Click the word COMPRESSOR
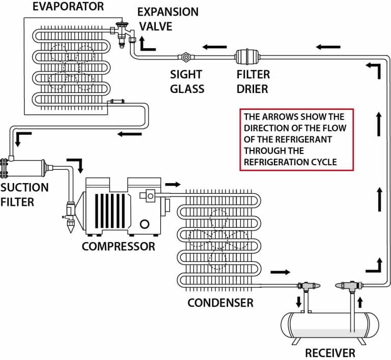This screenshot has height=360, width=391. tap(118, 247)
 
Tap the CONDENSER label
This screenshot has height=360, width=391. tap(220, 303)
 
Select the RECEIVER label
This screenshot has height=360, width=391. tap(330, 353)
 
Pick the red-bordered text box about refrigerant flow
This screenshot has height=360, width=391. tap(296, 139)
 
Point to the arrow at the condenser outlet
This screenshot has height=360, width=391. tap(281, 273)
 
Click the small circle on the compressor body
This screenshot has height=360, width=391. tap(145, 224)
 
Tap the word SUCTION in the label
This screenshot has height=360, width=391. tap(24, 187)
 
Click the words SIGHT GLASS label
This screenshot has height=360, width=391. tap(187, 81)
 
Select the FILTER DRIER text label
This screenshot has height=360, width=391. tap(253, 81)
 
